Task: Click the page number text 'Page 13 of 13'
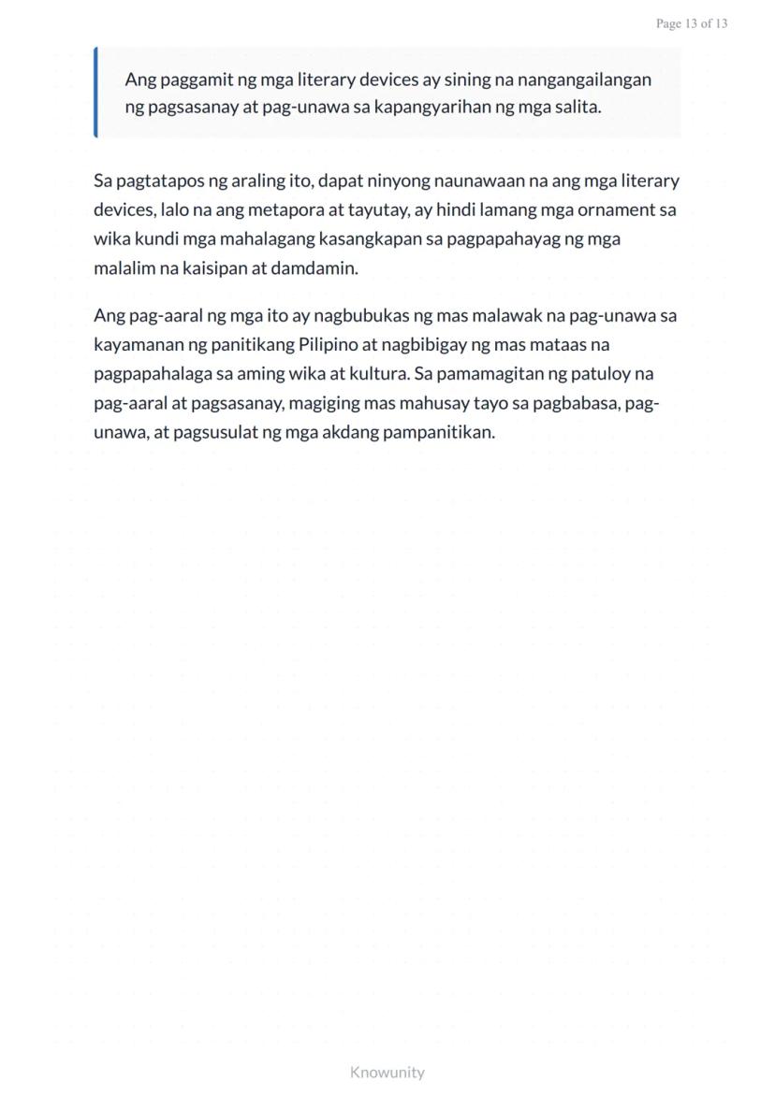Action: coord(692,23)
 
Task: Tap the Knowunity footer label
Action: coord(387,1072)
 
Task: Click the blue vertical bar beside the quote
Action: coord(95,93)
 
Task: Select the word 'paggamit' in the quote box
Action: coord(191,80)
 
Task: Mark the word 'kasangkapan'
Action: coord(363,239)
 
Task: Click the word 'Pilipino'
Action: coord(329,344)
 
